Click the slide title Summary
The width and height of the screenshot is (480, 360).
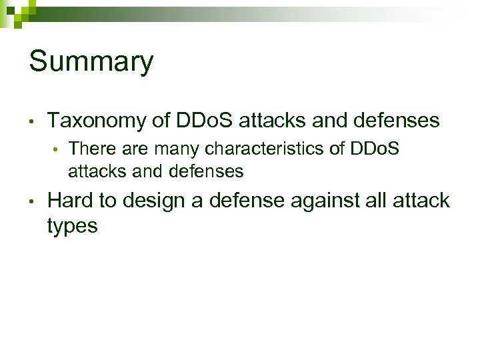point(91,62)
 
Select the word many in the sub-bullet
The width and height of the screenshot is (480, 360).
point(177,149)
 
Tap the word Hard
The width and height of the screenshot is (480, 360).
point(69,200)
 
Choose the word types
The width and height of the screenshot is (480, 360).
point(73,226)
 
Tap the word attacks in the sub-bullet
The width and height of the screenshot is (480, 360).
point(92,171)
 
